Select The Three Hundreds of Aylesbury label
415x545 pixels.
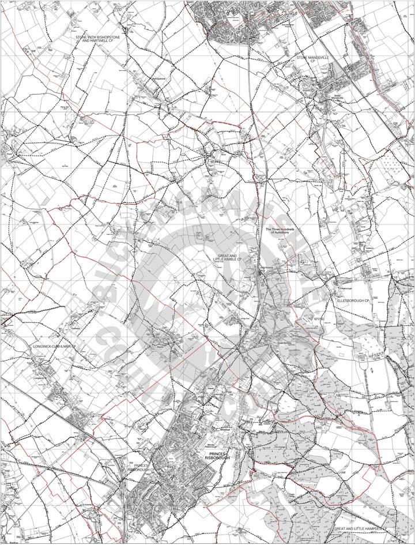click(280, 231)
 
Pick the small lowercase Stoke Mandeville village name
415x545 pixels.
click(335, 96)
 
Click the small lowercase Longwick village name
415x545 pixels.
click(39, 371)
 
